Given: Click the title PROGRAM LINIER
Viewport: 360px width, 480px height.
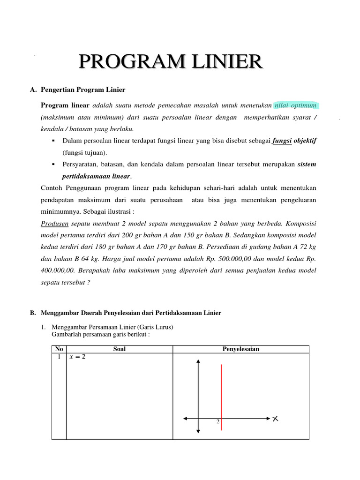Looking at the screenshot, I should (170, 62).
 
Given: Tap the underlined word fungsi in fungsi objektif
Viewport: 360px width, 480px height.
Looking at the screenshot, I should (282, 141).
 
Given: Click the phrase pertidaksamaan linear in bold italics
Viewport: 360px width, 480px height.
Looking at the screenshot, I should (97, 176).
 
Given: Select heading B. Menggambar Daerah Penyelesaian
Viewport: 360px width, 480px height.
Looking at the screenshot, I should (125, 313).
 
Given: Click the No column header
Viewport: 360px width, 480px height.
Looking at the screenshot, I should (59, 349).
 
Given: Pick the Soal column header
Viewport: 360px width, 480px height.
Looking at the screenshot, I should (120, 349).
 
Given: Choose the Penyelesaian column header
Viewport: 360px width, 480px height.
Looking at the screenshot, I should (240, 349).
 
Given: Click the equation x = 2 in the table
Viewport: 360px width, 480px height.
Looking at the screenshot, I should (77, 357).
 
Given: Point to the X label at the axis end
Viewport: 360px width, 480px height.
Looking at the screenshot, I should (275, 418).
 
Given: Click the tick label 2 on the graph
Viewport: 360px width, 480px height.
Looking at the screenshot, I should (217, 422).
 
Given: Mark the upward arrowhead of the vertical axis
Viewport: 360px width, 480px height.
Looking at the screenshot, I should (199, 362).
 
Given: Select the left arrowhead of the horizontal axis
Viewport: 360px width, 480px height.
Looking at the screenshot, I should (186, 418).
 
